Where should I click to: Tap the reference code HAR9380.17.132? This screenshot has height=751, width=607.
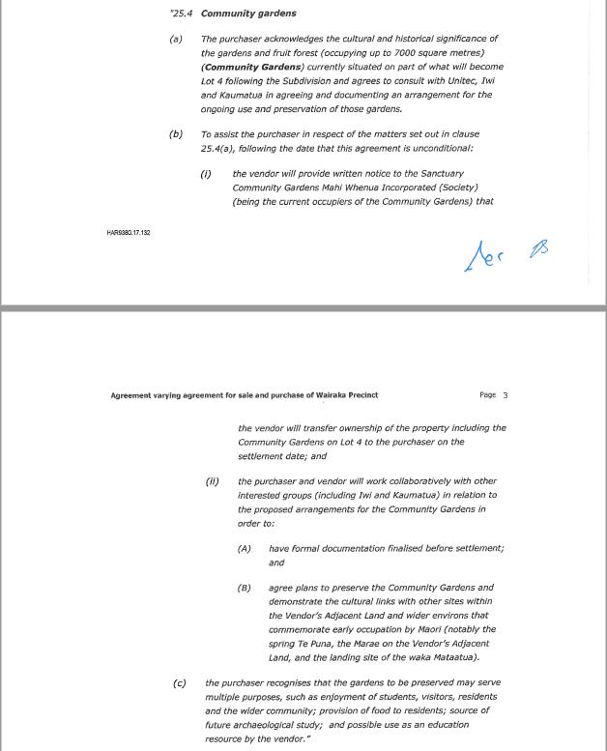point(129,233)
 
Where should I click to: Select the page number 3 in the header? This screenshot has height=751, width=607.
point(505,395)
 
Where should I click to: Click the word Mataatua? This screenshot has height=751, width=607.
point(450,657)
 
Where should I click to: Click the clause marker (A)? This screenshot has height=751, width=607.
point(244,548)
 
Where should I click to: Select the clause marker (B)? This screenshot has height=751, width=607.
point(244,587)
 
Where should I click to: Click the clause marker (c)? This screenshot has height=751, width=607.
point(179,682)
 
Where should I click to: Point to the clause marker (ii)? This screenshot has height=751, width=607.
point(212,480)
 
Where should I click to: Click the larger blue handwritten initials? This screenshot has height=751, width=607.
point(483,256)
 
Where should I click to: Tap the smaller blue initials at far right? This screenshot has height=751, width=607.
point(538,249)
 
